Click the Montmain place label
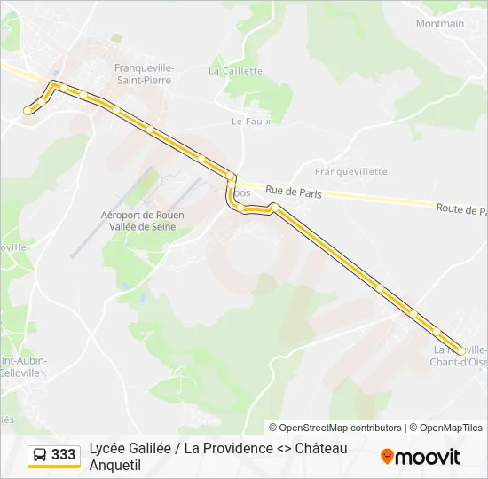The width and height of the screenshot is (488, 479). coord(440,24)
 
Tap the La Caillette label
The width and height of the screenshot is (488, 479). coord(236,71)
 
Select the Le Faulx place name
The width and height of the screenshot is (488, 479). coord(250,122)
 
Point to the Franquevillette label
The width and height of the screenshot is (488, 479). coord(351,171)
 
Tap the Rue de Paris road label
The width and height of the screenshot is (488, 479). coord(293,192)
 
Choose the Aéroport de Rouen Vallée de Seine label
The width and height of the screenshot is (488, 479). coord(138,221)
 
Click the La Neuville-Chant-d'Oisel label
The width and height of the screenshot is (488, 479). coord(459,356)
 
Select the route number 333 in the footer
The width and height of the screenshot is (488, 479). coord(63,454)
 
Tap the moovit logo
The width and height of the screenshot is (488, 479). coord(421,457)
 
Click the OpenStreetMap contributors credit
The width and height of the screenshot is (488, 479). coord(335,428)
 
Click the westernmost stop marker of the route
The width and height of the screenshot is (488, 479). coord(28,111)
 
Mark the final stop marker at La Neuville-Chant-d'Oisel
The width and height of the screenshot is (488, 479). coord(460,351)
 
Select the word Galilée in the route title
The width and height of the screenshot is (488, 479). coord(150,448)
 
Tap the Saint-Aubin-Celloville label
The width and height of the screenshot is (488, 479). coord(20,366)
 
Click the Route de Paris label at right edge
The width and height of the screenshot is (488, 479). coord(461,209)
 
